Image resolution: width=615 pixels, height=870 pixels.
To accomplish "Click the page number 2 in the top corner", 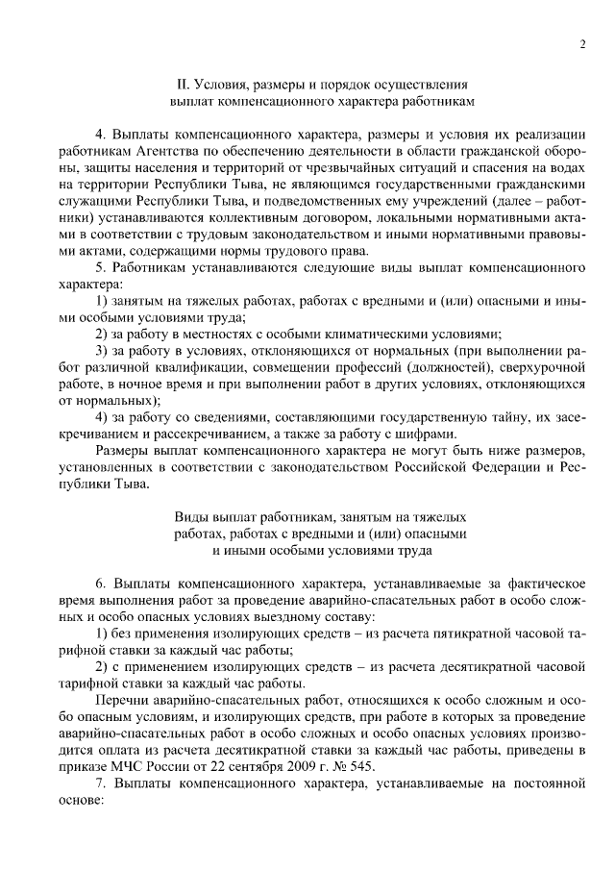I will coord(583,43).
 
